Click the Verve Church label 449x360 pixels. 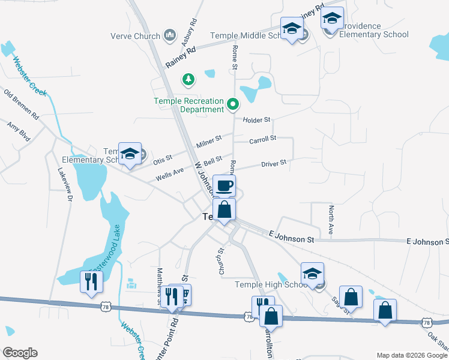pos(135,36)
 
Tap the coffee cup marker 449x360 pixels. pos(224,187)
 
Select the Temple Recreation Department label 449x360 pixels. pos(188,105)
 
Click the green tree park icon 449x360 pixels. pos(188,79)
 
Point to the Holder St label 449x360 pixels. pos(256,120)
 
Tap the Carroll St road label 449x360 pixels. pos(262,139)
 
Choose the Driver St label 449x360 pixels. pos(273,163)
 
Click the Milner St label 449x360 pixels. pos(209,142)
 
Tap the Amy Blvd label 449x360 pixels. pos(18,131)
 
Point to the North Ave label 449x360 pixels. pos(331,220)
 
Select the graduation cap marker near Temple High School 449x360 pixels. pos(312,274)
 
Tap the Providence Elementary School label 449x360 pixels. pos(374,30)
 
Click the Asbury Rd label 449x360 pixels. pos(189,32)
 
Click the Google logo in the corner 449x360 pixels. pos(19,353)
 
